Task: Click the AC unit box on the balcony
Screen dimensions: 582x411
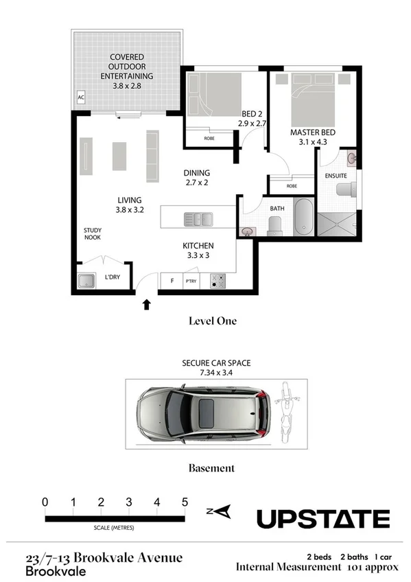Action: (x=81, y=98)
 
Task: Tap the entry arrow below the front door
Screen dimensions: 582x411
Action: (x=147, y=304)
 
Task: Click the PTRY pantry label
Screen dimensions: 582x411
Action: (x=191, y=281)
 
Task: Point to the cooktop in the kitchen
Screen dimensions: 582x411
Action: (x=219, y=280)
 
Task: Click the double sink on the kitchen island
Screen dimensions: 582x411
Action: (x=198, y=220)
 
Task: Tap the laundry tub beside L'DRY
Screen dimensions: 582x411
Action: (x=87, y=280)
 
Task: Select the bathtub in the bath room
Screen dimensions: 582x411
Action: (x=303, y=216)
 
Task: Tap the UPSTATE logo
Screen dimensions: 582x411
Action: (x=323, y=518)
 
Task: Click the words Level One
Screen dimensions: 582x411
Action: (x=212, y=320)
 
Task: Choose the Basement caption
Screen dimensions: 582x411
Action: (x=211, y=468)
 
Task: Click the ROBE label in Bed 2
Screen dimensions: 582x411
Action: (x=210, y=139)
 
